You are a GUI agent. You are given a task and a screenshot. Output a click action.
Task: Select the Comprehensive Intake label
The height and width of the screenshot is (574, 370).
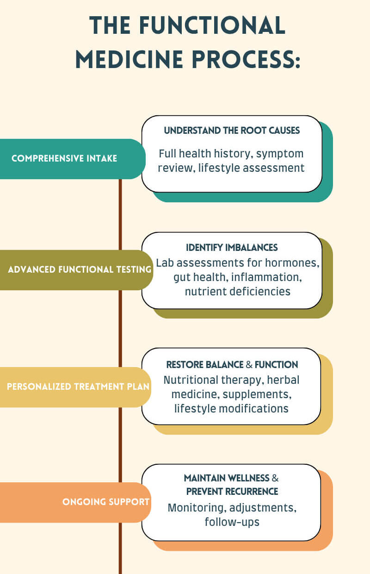64,158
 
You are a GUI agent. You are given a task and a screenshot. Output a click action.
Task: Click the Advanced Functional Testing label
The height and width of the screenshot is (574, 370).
80,269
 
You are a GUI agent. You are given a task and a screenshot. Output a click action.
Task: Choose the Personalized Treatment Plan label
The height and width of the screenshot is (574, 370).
78,387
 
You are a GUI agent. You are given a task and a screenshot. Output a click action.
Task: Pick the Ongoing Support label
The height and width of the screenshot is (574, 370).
106,502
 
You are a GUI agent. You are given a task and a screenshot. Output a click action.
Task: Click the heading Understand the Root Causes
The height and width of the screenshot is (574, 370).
232,131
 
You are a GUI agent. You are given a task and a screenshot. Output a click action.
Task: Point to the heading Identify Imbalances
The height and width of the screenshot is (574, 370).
232,248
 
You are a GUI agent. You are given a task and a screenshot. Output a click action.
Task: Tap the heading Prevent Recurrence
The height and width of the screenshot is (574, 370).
232,491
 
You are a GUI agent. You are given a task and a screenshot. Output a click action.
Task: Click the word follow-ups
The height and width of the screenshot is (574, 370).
232,522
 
